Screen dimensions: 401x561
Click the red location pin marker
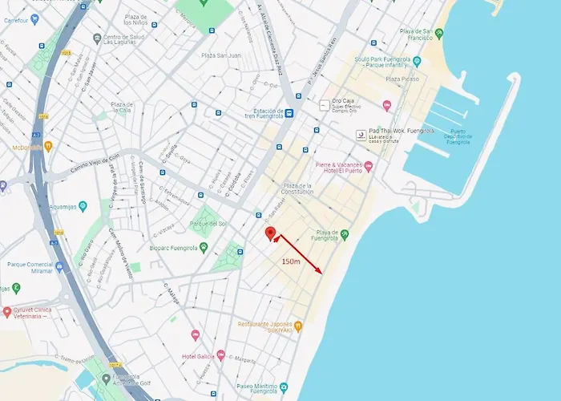pos(271,233)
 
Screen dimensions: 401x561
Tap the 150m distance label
pos(290,261)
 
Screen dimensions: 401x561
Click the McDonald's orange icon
pos(48,146)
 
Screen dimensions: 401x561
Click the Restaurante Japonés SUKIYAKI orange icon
pos(298,326)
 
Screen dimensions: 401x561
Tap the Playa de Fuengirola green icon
pos(345,234)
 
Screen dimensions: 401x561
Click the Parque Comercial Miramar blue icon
pos(59,266)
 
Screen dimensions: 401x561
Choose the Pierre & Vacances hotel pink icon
pos(369,167)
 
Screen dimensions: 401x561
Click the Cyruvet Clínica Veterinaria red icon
pos(7,311)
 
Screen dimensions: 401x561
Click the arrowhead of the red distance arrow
pos(321,272)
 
